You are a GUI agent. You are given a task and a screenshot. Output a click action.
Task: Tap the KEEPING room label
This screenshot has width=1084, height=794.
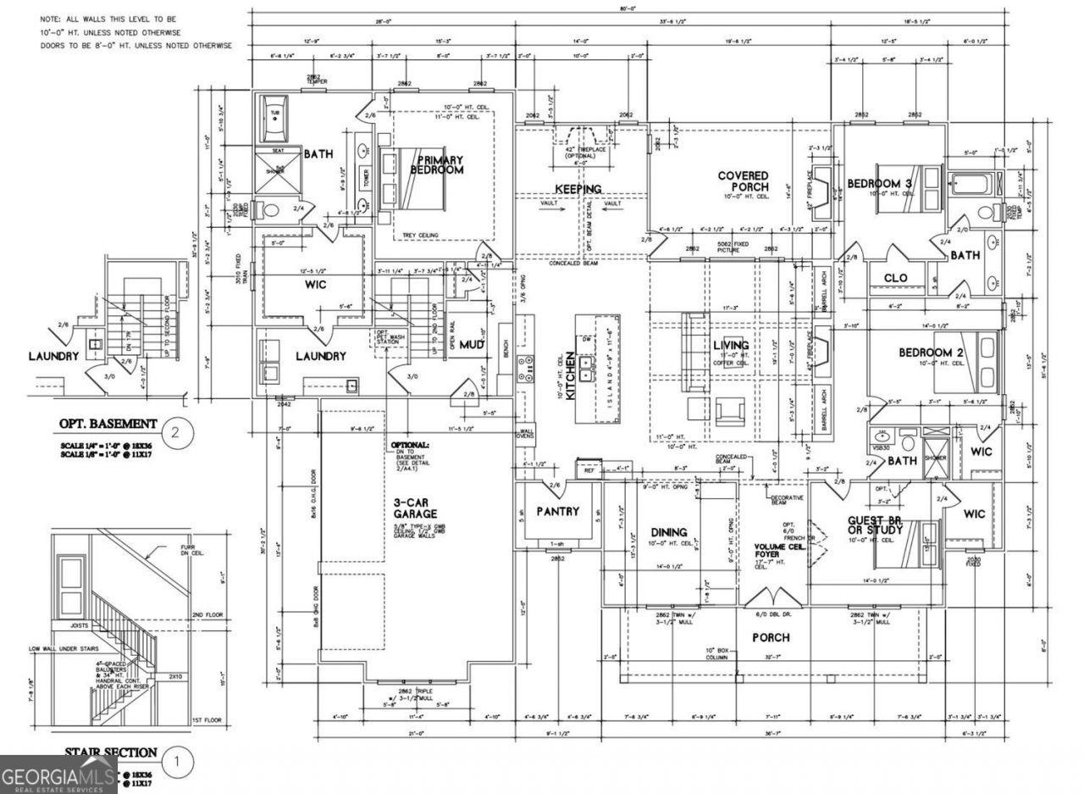tap(578, 188)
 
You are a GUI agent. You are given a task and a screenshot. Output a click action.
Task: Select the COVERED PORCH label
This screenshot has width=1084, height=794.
tap(743, 180)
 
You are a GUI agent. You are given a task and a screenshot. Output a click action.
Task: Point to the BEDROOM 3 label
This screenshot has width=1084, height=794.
tap(880, 183)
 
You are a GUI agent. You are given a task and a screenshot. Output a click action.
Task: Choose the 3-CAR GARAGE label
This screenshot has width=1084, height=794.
tap(415, 508)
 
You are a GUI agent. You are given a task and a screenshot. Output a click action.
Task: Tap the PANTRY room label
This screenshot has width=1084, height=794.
tap(557, 511)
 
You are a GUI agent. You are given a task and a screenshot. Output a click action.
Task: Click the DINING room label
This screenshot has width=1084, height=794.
tap(669, 532)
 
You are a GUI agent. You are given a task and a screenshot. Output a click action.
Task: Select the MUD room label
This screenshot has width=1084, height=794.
tap(472, 345)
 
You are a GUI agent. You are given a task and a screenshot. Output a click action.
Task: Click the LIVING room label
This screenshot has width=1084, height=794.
tap(730, 345)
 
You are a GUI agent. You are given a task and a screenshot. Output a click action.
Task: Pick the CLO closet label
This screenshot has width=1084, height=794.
tap(895, 277)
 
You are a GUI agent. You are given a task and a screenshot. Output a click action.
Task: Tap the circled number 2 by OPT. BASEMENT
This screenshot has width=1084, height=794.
tap(175, 433)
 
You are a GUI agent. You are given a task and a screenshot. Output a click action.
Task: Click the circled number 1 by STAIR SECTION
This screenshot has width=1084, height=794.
tap(176, 762)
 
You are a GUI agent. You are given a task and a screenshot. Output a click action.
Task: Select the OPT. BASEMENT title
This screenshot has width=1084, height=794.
tap(107, 423)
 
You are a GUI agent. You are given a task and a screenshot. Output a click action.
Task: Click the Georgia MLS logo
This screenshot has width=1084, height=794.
tap(58, 775)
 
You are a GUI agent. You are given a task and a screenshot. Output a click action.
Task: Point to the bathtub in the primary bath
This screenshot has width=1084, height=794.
tap(274, 125)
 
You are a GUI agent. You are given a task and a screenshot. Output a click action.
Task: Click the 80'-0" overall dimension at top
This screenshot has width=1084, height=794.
tap(627, 8)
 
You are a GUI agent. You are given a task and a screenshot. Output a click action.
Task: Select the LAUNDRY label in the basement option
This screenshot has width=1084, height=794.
tap(53, 356)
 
